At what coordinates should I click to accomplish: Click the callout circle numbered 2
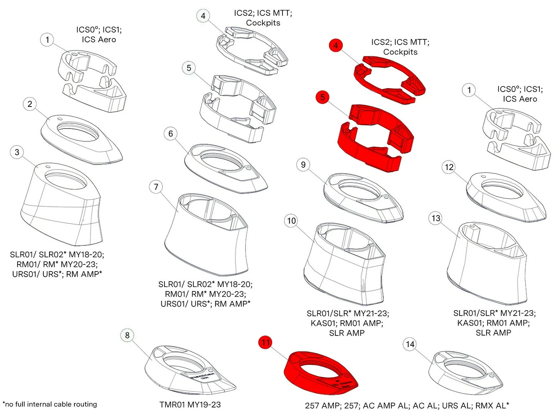pos(30,104)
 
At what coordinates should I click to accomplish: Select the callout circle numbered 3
pos(17,152)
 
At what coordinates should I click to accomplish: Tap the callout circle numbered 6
pos(170,133)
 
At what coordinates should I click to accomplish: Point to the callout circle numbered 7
pos(156,187)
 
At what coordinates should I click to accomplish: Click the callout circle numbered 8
pos(127,335)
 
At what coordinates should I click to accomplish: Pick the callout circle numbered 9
pos(303,165)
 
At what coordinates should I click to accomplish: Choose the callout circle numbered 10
pos(292,221)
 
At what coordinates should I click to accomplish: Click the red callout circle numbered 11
pos(266,342)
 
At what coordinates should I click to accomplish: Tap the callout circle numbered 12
pos(449,167)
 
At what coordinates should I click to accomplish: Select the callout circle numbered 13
pos(436,218)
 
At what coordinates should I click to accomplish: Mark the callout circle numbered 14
pos(410,344)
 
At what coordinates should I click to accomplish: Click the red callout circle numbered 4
pos(336,45)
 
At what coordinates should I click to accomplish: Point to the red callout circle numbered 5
pos(323,97)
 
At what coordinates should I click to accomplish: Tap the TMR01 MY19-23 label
pos(190,405)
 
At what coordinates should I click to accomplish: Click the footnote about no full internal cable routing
pos(50,404)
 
